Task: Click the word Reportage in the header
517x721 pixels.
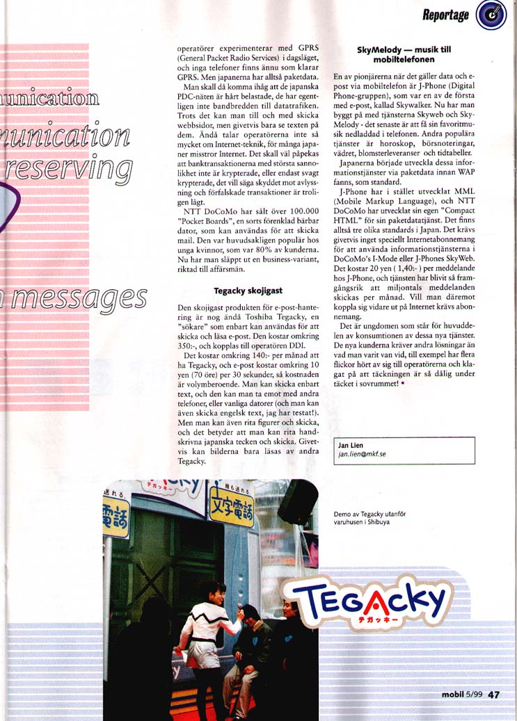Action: coord(445,15)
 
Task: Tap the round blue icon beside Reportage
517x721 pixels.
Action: coord(491,16)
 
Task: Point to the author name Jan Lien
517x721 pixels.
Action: coord(350,445)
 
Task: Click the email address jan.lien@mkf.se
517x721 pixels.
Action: coord(363,454)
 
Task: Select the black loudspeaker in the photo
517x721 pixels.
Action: coord(298,501)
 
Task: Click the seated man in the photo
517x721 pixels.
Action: coord(249,647)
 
